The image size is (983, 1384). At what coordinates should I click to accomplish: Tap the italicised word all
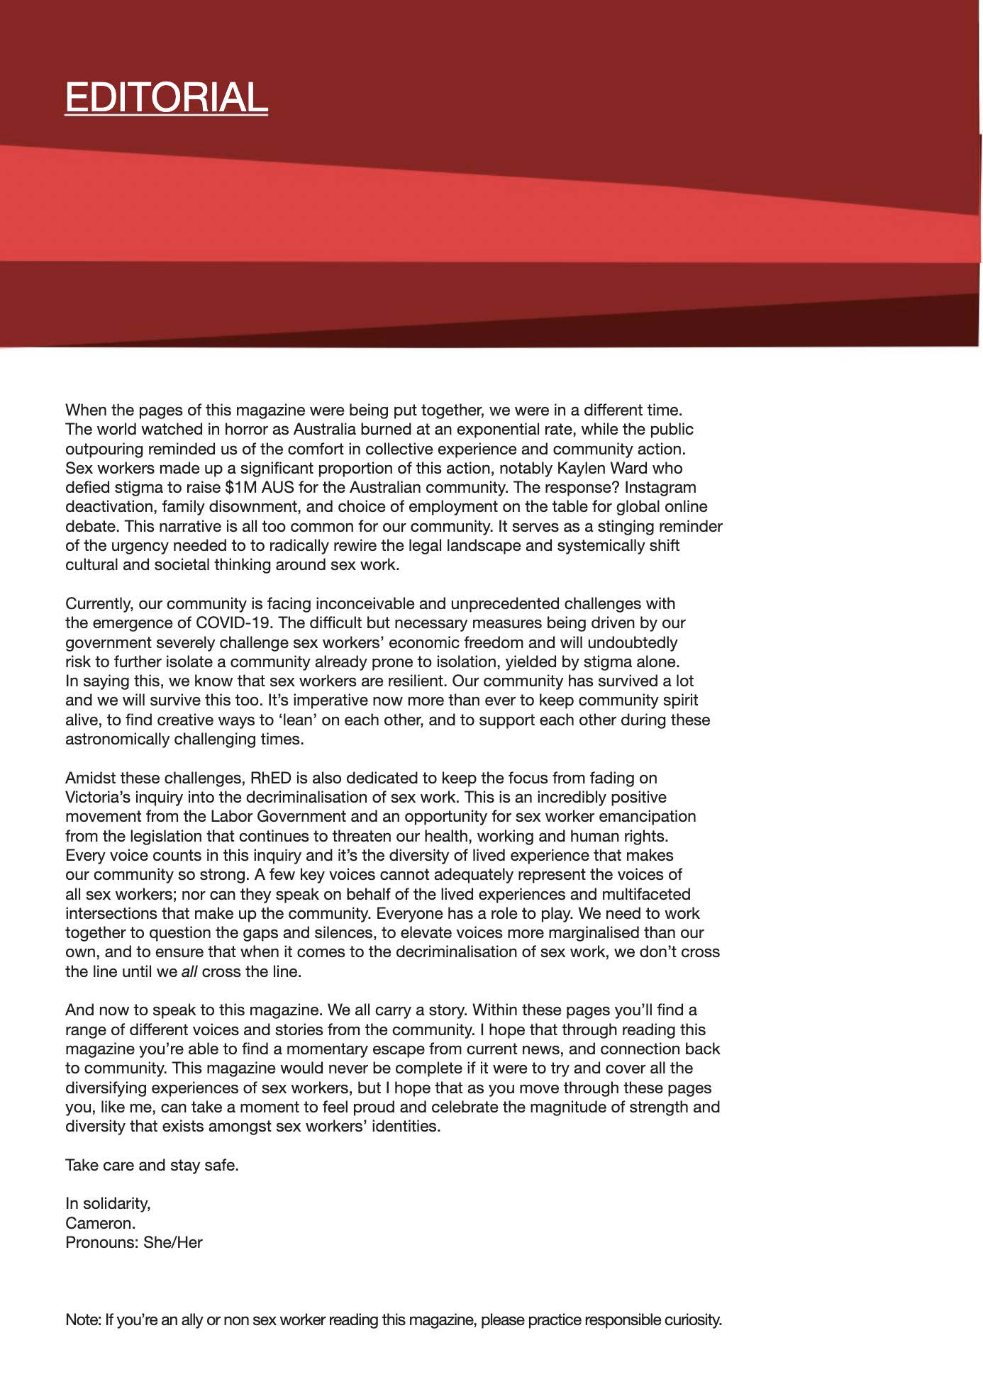(x=189, y=972)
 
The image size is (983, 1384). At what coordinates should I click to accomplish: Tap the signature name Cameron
(x=100, y=1223)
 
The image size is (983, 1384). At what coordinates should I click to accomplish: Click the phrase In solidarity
(x=108, y=1204)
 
